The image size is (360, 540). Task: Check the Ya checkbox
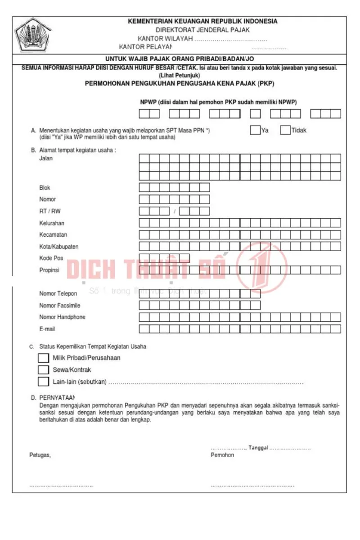coord(255,130)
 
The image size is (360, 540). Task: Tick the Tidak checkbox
coord(285,130)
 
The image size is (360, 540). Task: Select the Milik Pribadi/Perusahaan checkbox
coord(44,358)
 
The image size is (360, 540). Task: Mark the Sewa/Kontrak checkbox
coord(44,369)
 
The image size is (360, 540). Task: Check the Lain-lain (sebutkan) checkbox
coord(44,382)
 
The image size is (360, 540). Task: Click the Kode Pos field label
coord(51,258)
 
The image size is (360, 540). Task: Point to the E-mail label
coord(47,329)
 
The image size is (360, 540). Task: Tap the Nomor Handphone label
coord(62,317)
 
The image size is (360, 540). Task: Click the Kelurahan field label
coord(52,223)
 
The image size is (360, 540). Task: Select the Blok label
coord(45,188)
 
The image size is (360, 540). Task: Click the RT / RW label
coord(49,211)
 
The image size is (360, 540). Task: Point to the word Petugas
coord(40,455)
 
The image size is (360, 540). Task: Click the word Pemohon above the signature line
coord(222,455)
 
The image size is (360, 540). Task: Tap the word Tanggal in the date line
coord(258,448)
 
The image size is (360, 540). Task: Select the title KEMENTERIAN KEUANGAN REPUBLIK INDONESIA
coord(202,21)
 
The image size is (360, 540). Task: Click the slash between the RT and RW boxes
coord(174,211)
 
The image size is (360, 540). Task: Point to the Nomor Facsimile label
coord(60,305)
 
